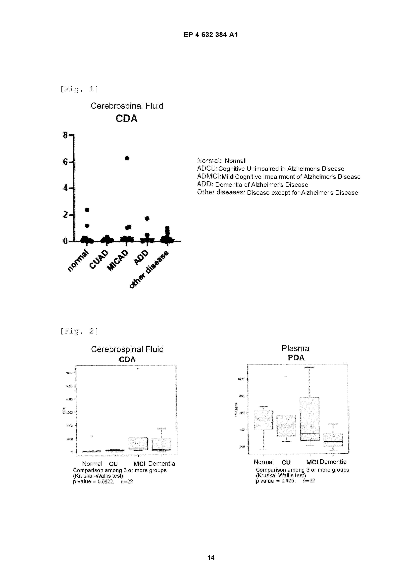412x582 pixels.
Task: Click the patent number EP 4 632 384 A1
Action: point(210,35)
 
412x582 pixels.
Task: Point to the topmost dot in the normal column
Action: point(87,210)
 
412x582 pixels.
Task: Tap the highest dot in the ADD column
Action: point(147,218)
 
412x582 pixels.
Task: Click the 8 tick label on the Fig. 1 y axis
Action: point(65,135)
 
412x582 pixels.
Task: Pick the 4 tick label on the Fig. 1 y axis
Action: point(65,188)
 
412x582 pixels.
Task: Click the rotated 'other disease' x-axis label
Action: point(149,269)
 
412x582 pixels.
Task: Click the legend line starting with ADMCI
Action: point(278,177)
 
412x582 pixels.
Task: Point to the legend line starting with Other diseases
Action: point(277,193)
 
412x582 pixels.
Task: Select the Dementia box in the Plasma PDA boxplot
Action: point(333,439)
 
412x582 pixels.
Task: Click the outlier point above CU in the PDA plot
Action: point(286,376)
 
